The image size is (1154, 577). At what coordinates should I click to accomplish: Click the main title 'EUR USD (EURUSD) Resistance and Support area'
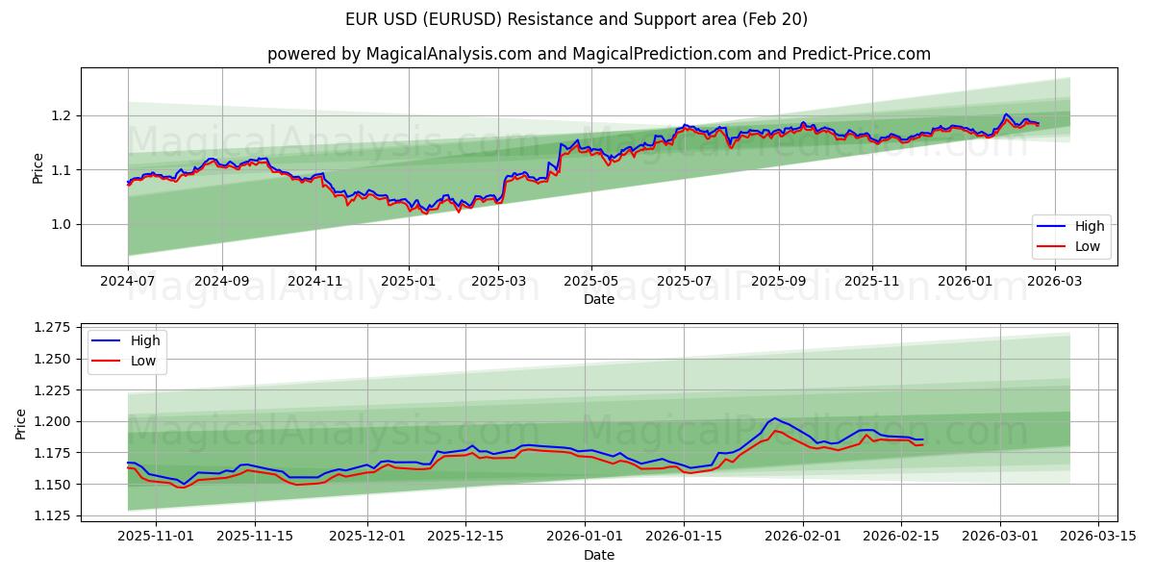coord(576,19)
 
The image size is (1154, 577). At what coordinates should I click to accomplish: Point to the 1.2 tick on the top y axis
coord(60,115)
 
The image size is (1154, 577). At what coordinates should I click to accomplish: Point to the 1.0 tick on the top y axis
coord(60,224)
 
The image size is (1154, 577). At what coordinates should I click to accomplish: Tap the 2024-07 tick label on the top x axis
coord(128,281)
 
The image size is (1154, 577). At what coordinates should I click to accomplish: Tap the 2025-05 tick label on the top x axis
coord(590,281)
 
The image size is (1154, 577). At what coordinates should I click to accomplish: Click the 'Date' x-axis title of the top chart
coord(598,299)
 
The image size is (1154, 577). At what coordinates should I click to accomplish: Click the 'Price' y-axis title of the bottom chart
coord(21,423)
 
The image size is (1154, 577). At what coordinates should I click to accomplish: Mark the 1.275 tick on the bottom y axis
coord(53,327)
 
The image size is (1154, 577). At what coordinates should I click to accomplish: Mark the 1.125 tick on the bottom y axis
coord(53,515)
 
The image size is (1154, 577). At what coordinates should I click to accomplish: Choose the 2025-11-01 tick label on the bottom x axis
coord(156,537)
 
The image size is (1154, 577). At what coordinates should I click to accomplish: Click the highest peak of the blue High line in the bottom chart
coord(774,418)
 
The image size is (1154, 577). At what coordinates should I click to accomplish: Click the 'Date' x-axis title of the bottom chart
coord(598,555)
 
